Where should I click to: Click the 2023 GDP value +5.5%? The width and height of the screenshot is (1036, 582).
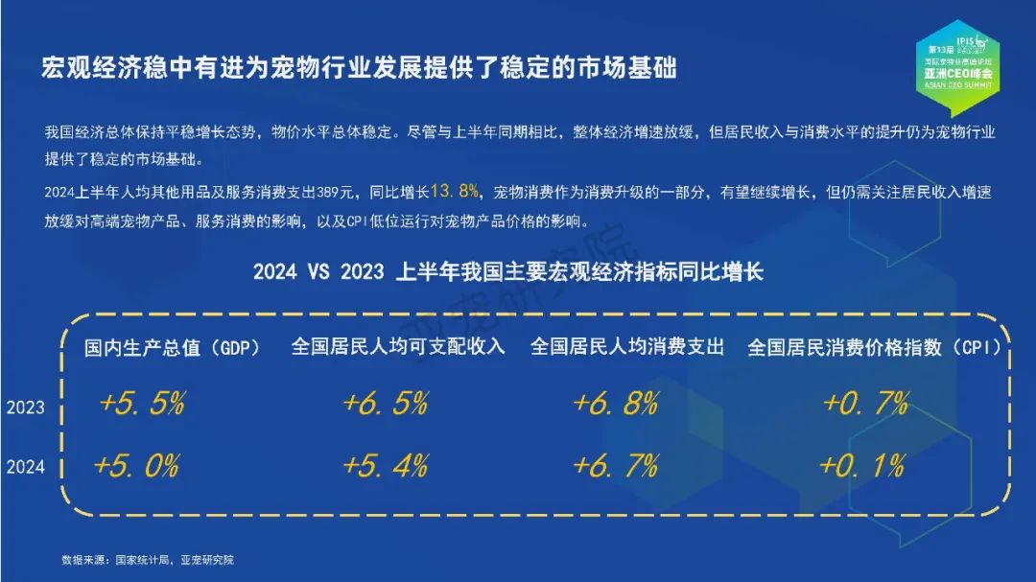coord(142,403)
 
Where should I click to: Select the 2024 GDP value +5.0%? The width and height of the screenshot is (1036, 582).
coord(137,466)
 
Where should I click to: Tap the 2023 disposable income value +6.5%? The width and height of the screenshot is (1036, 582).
coord(386,403)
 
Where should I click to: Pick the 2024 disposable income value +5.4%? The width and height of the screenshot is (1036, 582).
coord(386,466)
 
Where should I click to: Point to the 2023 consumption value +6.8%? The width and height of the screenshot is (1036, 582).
coord(616,403)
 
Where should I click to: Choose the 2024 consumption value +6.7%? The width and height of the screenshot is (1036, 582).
coord(616,466)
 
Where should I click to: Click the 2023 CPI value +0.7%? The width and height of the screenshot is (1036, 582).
coord(866,403)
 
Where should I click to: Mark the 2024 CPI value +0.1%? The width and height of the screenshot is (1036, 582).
coord(862,466)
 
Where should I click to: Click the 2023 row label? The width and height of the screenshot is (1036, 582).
coord(26,407)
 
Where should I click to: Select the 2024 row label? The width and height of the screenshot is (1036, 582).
coord(26,466)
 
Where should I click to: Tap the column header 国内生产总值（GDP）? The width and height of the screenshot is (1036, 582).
coord(172,347)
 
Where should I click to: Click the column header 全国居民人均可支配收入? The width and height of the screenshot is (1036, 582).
coord(398,346)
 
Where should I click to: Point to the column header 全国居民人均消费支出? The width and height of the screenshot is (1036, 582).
coord(627,346)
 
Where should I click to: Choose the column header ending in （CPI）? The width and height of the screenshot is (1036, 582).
coord(874,347)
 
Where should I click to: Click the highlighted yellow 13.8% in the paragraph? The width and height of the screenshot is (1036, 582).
coord(455,192)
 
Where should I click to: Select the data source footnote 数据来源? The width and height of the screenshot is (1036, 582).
coord(148,560)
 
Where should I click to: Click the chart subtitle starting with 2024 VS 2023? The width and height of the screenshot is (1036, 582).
coord(508,271)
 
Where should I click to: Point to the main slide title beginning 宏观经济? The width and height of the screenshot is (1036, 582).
coord(359,68)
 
